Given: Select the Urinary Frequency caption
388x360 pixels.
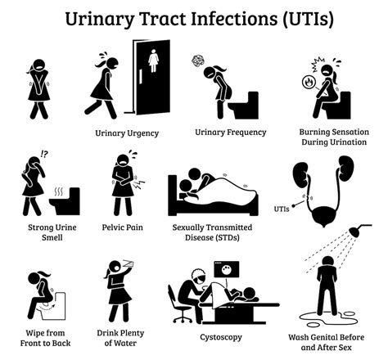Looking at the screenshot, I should (230, 133).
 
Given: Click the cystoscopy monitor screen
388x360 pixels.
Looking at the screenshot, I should (223, 270).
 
